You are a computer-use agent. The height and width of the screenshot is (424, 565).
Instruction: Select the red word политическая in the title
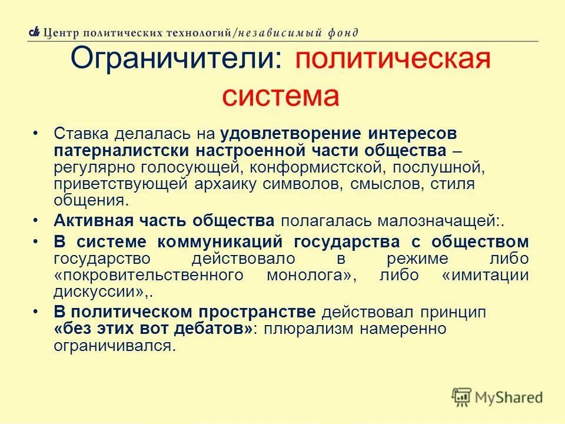pyautogui.click(x=393, y=61)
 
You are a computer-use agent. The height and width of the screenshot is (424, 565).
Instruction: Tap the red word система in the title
pyautogui.click(x=281, y=96)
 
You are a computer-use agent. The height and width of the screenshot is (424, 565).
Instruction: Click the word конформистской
pyautogui.click(x=309, y=167)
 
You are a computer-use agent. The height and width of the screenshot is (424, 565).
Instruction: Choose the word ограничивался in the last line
pyautogui.click(x=114, y=345)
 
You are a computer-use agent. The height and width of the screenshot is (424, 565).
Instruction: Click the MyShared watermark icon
pyautogui.click(x=462, y=397)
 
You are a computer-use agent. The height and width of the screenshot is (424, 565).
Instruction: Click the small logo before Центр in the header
pyautogui.click(x=35, y=33)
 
